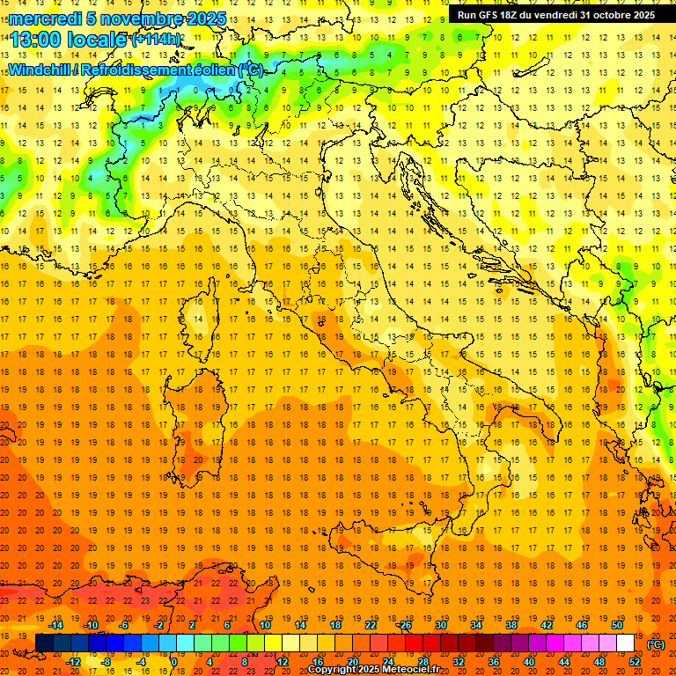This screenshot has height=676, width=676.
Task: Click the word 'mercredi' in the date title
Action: click(47, 18)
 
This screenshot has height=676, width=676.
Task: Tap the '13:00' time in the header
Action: click(36, 39)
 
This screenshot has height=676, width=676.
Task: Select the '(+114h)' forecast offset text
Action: click(157, 39)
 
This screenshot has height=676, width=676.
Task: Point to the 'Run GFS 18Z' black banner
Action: click(555, 15)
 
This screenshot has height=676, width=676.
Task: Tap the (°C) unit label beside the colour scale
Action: click(655, 644)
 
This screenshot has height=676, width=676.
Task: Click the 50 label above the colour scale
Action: click(617, 625)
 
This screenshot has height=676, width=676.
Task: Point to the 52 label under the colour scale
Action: click(635, 662)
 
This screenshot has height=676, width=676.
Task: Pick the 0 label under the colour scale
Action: click(174, 662)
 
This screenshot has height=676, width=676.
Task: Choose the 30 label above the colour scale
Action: click(440, 625)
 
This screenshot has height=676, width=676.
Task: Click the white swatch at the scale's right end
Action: click(625, 643)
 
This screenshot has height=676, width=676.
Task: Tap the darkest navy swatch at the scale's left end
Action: click(44, 643)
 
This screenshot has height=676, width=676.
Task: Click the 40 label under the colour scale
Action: click(529, 662)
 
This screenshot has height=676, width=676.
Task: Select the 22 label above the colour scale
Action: click(371, 625)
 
